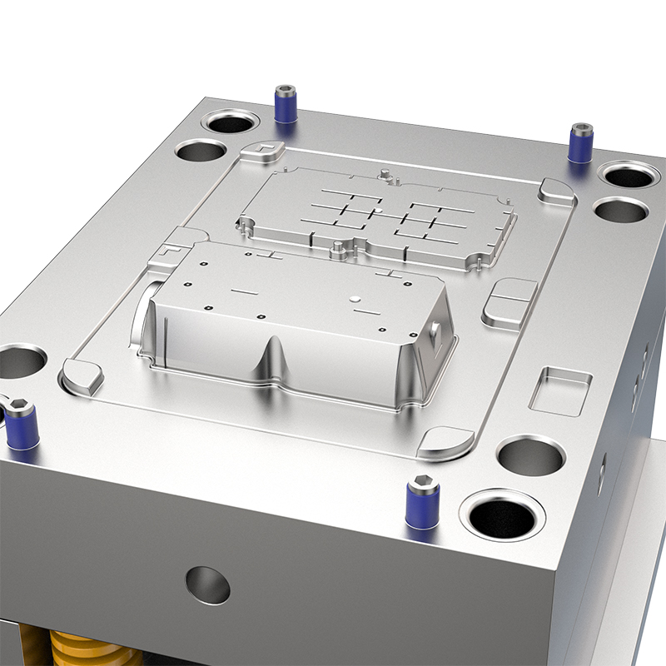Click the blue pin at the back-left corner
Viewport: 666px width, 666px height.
[x=286, y=106]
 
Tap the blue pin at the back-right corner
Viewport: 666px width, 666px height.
[x=580, y=143]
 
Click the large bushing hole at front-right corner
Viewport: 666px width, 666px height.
[x=505, y=514]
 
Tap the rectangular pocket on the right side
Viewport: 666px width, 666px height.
[x=559, y=389]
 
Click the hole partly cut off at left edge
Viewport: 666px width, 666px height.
[x=18, y=362]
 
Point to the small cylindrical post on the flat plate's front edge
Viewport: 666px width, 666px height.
[x=335, y=248]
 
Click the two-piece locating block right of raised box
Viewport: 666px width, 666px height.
[x=509, y=301]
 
